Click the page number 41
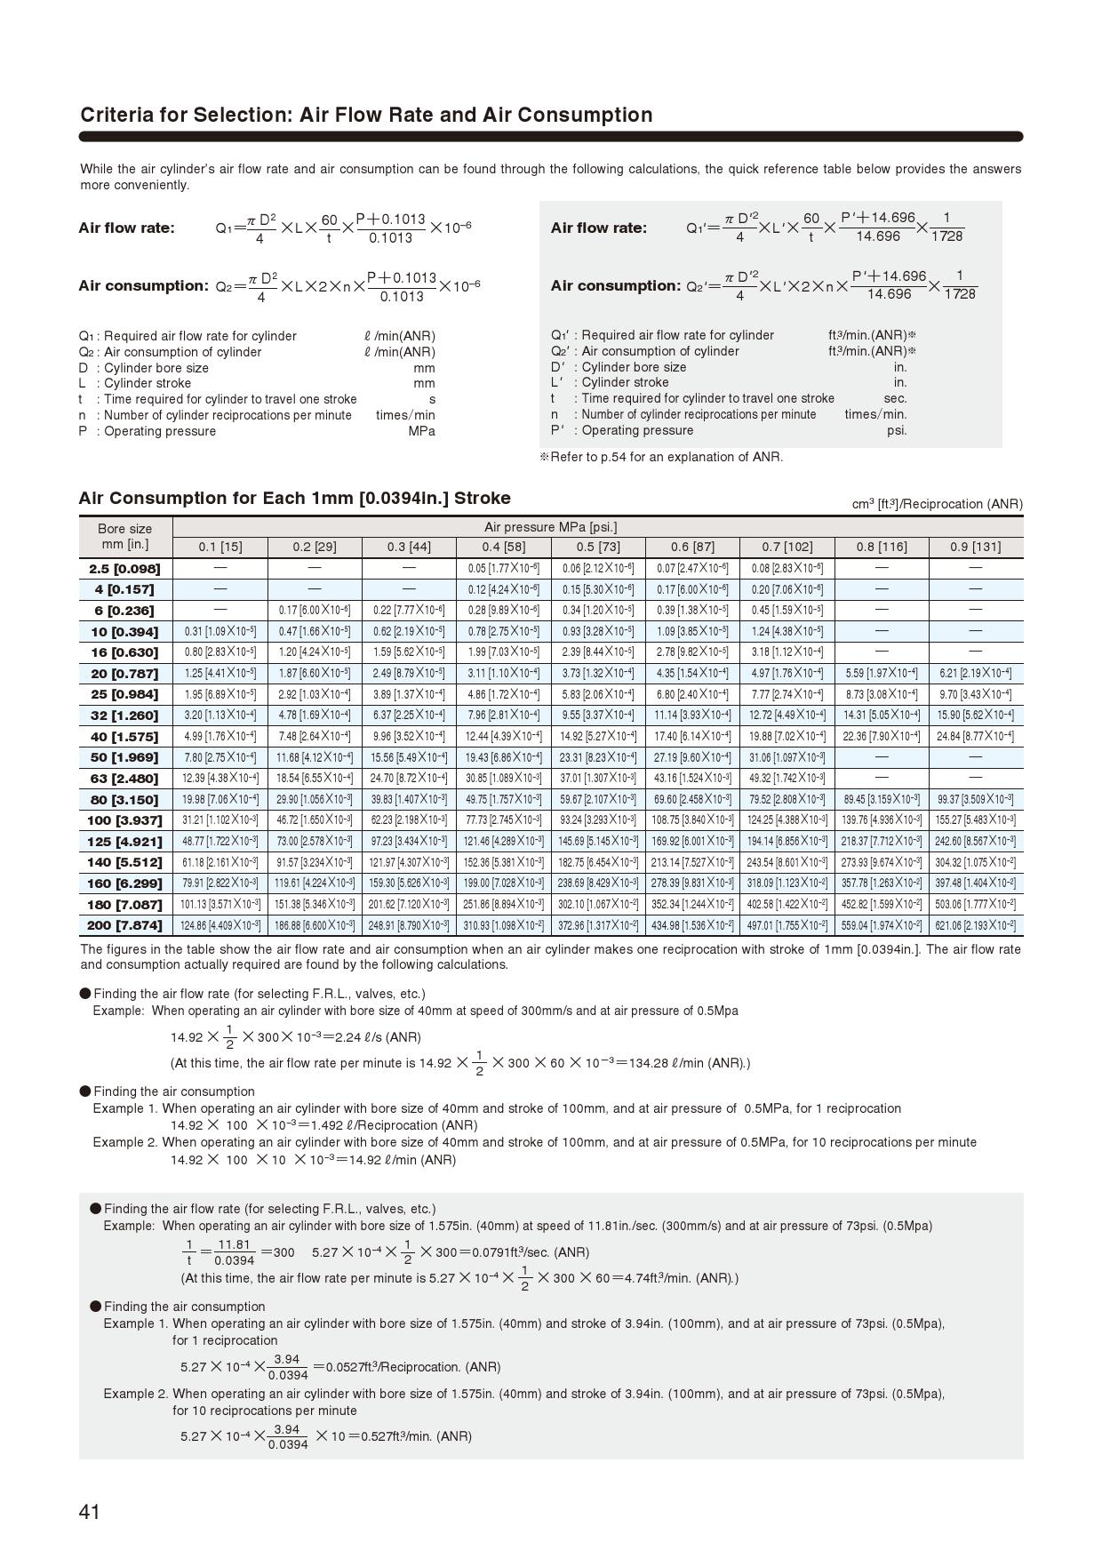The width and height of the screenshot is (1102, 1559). coord(90,1512)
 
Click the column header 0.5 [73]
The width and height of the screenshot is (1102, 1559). coord(597,547)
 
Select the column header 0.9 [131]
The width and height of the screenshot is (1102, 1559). coord(975,547)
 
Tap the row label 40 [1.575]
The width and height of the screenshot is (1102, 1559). coord(124,737)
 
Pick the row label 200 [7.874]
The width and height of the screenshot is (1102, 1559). coord(124,925)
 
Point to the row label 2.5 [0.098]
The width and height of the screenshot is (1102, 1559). coord(124,568)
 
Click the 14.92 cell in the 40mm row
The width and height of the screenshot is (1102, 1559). coord(597,736)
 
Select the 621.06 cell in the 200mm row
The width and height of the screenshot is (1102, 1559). coord(975,925)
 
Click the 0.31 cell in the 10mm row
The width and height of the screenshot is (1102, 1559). coord(220,631)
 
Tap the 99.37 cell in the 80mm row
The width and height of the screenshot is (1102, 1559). coord(975,799)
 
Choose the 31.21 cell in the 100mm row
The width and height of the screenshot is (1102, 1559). coord(220,819)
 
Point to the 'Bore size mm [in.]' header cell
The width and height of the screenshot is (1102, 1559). coord(124,536)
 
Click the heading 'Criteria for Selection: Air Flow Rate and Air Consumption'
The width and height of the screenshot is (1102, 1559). coord(366,115)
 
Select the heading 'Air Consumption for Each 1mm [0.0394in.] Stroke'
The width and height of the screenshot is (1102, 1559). coord(294,498)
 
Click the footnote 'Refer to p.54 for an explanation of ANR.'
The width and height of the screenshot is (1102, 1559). coord(662,457)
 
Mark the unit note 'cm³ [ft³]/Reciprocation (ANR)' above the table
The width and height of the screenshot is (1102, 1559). coord(937,504)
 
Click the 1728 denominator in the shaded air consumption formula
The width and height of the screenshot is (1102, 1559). coord(959,294)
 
